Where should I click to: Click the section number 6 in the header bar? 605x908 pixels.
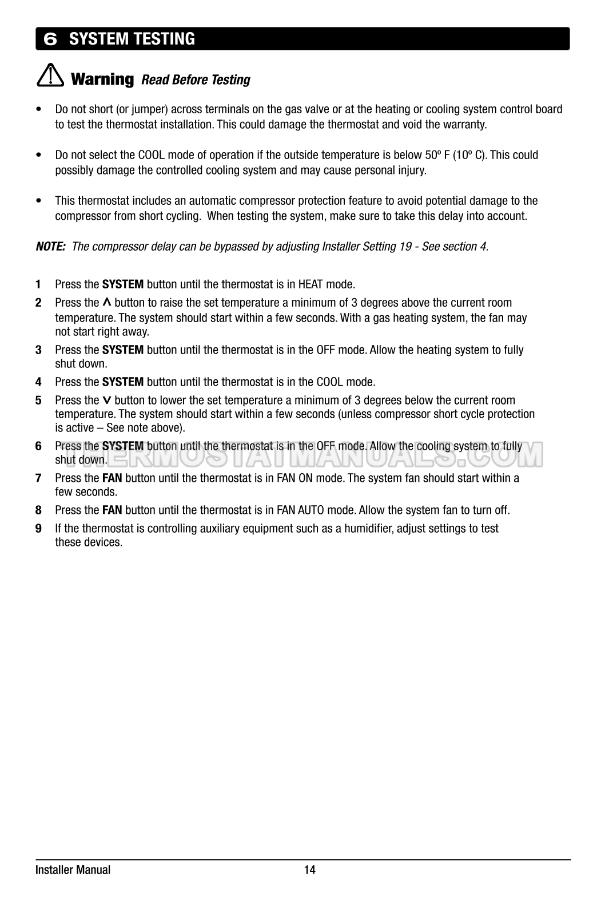point(51,39)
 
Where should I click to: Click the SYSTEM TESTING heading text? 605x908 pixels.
point(132,39)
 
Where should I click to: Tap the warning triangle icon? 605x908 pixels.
point(50,77)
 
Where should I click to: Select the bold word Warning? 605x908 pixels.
point(102,78)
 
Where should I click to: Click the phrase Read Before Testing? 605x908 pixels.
point(196,80)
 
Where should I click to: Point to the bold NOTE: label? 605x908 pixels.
point(50,247)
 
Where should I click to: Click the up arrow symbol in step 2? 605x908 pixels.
point(107,302)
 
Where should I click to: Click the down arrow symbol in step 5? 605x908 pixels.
point(107,401)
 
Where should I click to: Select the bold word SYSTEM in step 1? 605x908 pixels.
point(122,284)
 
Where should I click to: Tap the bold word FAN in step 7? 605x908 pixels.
point(112,478)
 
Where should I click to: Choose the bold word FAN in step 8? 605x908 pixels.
point(112,510)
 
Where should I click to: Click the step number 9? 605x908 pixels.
point(38,528)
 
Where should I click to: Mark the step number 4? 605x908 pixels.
point(38,382)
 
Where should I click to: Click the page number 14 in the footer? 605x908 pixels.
point(309,870)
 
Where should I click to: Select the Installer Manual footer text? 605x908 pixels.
point(73,870)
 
